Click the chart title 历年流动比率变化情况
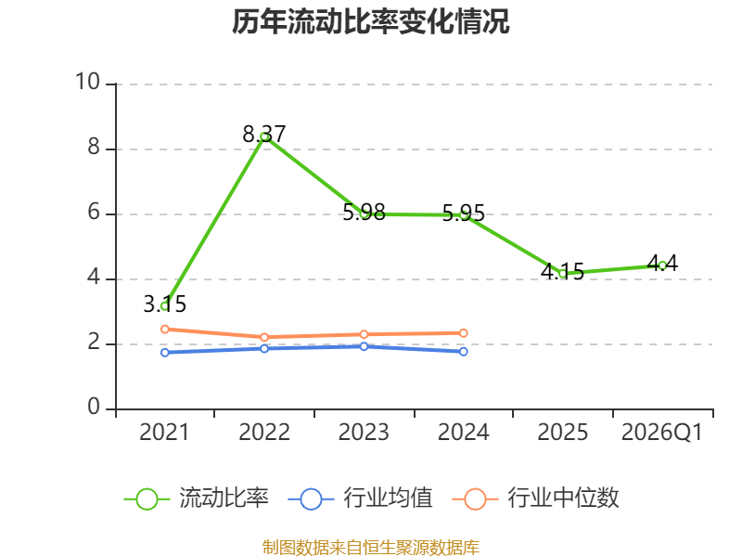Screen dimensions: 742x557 coord(370,21)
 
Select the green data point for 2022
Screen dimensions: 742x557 coord(264,136)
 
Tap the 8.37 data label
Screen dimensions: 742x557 coord(264,134)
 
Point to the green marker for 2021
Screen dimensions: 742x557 coord(165,306)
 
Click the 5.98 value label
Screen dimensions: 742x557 coord(364,213)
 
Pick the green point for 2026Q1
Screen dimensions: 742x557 coord(662,266)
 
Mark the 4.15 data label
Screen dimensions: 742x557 coord(563,271)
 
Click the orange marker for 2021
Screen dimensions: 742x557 coord(165,330)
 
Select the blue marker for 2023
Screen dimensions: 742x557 coord(364,346)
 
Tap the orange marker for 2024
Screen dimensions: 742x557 coord(463,333)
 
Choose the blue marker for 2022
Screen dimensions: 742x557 coord(264,349)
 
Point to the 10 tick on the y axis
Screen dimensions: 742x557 coord(88,82)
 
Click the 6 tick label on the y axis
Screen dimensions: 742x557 coord(94,213)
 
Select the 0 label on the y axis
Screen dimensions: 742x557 coord(94,407)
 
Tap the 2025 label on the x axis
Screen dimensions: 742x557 coord(563,433)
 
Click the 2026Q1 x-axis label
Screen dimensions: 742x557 coord(662,433)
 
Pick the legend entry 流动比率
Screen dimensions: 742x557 coord(196,499)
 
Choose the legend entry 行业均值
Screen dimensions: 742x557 coord(360,499)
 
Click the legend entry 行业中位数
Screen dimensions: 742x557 coord(536,499)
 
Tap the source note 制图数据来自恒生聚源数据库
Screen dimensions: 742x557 coord(371,548)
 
